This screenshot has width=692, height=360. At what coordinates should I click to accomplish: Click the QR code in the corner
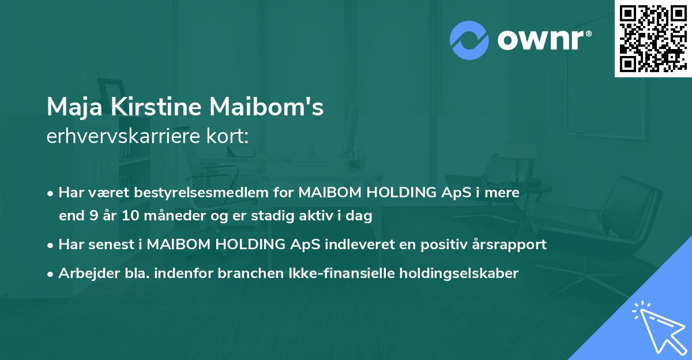[x=653, y=38]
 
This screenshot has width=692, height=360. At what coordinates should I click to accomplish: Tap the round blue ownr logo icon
[x=469, y=40]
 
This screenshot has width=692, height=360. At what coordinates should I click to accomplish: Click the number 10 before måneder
[x=130, y=216]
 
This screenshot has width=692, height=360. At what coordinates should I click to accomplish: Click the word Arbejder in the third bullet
[x=84, y=273]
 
